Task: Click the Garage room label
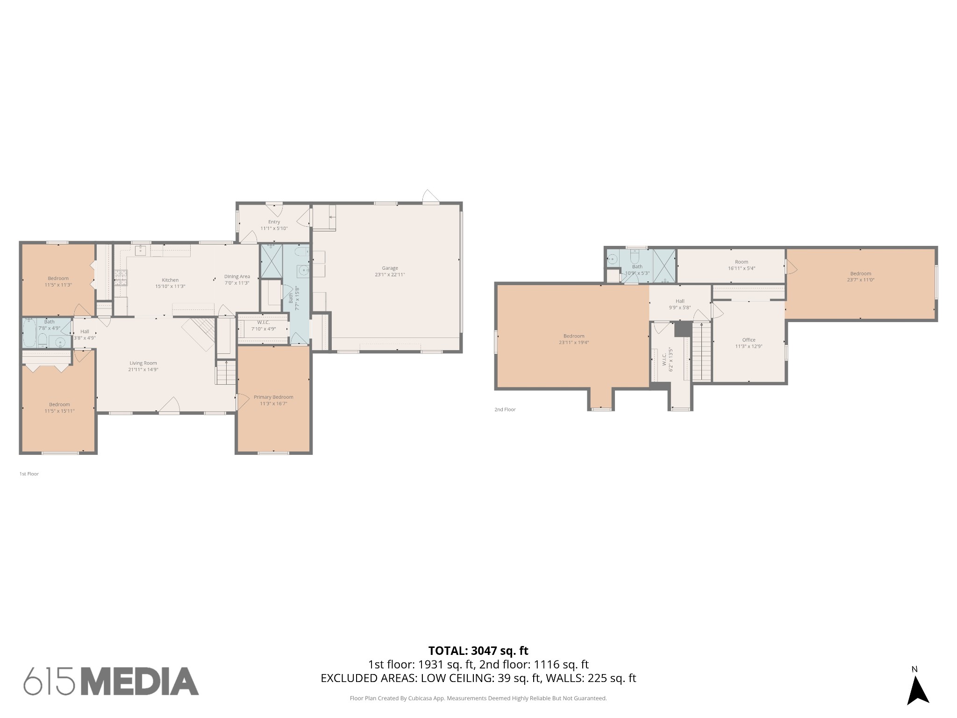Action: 390,268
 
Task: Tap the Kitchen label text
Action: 170,280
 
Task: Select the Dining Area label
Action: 237,276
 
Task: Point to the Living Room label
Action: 143,363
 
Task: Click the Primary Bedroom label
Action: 273,397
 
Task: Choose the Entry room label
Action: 274,222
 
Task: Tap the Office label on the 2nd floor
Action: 749,340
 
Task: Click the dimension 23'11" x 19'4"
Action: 574,342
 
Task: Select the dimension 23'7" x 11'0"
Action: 860,280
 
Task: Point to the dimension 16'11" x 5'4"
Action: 741,268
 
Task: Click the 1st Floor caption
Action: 29,474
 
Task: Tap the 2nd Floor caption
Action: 505,409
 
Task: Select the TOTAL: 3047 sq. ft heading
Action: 478,651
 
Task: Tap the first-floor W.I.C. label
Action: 263,323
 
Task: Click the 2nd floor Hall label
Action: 680,301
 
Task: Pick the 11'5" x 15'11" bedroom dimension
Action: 59,411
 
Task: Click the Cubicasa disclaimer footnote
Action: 478,711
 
